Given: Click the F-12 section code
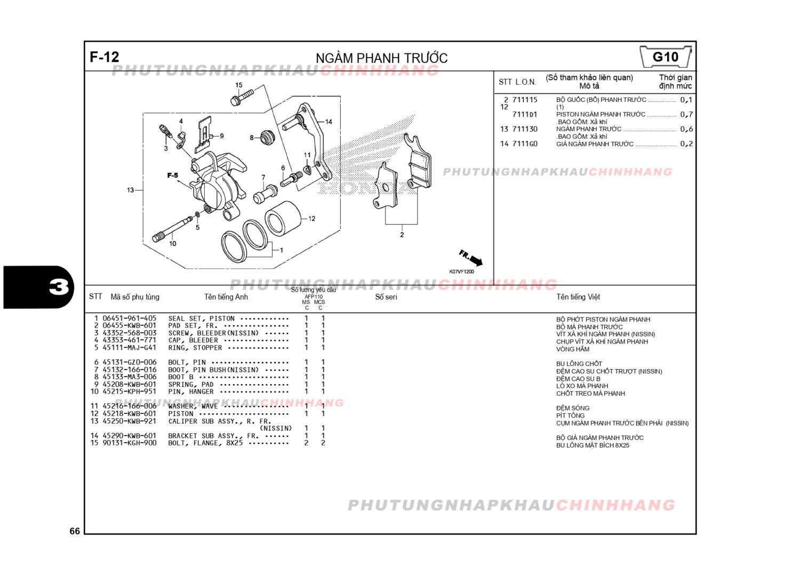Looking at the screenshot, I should [105, 57].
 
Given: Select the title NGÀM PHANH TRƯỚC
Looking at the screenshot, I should [381, 58].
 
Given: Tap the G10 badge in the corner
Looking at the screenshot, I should [665, 57].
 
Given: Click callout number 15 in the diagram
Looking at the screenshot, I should [239, 85].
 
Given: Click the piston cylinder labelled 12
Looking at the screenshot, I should [283, 218].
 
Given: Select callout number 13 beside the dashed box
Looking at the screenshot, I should [131, 190].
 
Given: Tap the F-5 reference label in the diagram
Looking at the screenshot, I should [172, 175].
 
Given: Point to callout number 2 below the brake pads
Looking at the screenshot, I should [402, 235].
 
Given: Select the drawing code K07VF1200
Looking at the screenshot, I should [461, 272].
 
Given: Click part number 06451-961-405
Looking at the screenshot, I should [130, 318].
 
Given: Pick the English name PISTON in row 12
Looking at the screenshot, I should [181, 413].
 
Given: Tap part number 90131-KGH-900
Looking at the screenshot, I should [130, 443].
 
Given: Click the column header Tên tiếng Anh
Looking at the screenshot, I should [226, 297].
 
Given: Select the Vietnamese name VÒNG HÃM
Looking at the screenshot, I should [573, 349].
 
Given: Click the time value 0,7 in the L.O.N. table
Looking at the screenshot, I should [686, 114].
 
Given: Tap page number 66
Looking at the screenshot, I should [75, 531].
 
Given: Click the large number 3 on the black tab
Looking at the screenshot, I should [59, 287].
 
